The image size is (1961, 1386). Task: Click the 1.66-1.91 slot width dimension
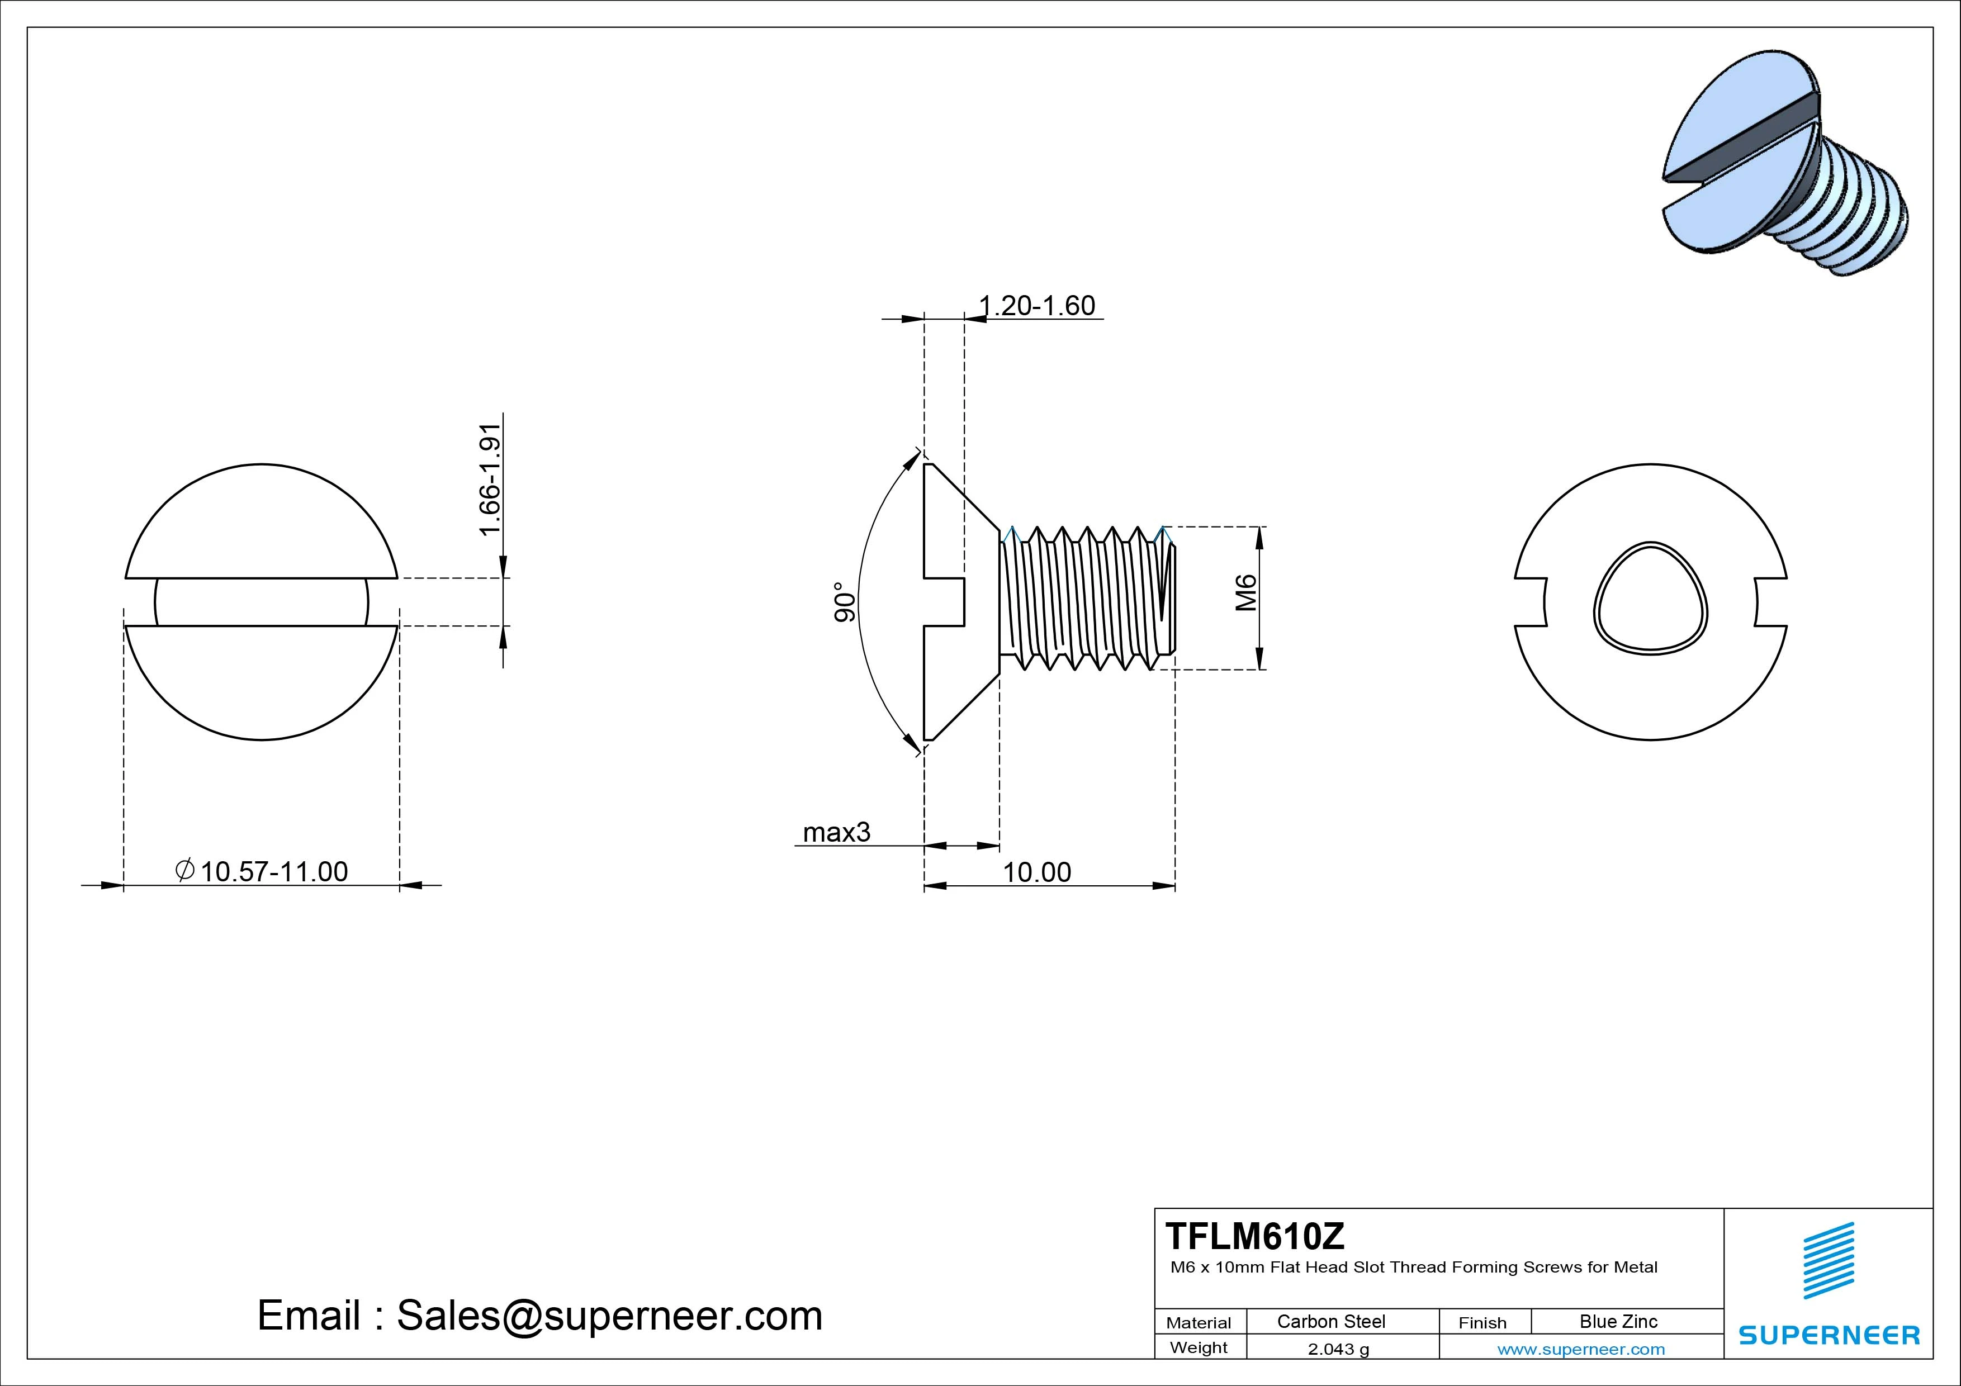coord(489,480)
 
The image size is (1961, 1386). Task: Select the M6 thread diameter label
coord(1246,592)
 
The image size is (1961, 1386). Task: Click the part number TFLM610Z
coord(1254,1236)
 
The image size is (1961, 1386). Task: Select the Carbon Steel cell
coord(1330,1321)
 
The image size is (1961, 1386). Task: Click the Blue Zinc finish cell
coord(1618,1321)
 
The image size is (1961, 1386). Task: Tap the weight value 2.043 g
coord(1338,1349)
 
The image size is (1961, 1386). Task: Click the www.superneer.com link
coord(1580,1349)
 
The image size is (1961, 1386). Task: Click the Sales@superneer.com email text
coord(609,1315)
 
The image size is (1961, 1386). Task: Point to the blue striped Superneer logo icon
coord(1828,1260)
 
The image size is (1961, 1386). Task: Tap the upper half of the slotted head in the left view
coord(262,521)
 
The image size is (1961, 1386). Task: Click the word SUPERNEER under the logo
coord(1829,1335)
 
